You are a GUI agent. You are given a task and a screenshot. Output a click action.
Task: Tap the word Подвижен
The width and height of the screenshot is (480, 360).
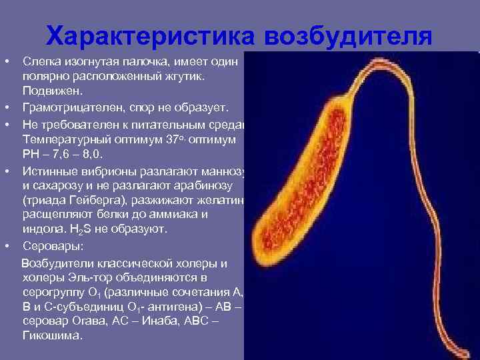point(45,91)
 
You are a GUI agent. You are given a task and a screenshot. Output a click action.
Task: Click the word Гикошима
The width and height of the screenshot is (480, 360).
point(53,336)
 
